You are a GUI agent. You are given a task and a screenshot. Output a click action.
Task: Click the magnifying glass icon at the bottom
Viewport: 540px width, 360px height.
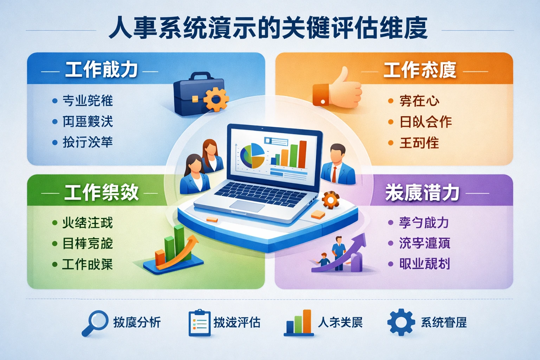pyautogui.click(x=95, y=322)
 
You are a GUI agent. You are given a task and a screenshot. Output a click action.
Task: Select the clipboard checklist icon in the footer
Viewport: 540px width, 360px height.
pyautogui.click(x=199, y=323)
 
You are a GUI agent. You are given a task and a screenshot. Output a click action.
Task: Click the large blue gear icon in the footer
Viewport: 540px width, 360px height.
pyautogui.click(x=401, y=322)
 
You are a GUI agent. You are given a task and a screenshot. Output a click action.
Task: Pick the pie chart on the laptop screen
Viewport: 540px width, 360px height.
pyautogui.click(x=252, y=156)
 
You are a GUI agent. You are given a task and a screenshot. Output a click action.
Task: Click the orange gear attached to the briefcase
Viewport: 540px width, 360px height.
pyautogui.click(x=216, y=99)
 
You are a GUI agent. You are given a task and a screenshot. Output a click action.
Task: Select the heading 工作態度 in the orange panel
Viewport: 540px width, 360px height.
pyautogui.click(x=419, y=70)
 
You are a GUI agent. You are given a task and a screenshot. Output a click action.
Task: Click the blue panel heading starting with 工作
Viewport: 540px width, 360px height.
pyautogui.click(x=101, y=70)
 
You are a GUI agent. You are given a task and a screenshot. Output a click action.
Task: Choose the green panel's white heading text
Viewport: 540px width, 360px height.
pyautogui.click(x=101, y=192)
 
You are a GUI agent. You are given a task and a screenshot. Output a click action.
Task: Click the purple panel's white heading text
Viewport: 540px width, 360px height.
pyautogui.click(x=422, y=192)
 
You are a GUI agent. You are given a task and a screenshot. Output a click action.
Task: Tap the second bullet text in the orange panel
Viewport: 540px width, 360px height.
pyautogui.click(x=425, y=122)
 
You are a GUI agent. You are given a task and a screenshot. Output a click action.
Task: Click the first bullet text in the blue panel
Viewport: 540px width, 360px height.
pyautogui.click(x=88, y=101)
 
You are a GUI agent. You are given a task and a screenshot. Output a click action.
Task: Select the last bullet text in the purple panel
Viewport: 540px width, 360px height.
pyautogui.click(x=424, y=264)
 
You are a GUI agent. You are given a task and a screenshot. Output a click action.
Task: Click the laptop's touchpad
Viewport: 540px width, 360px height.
pyautogui.click(x=247, y=206)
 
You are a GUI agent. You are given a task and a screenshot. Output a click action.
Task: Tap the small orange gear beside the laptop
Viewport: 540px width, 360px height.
pyautogui.click(x=330, y=200)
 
